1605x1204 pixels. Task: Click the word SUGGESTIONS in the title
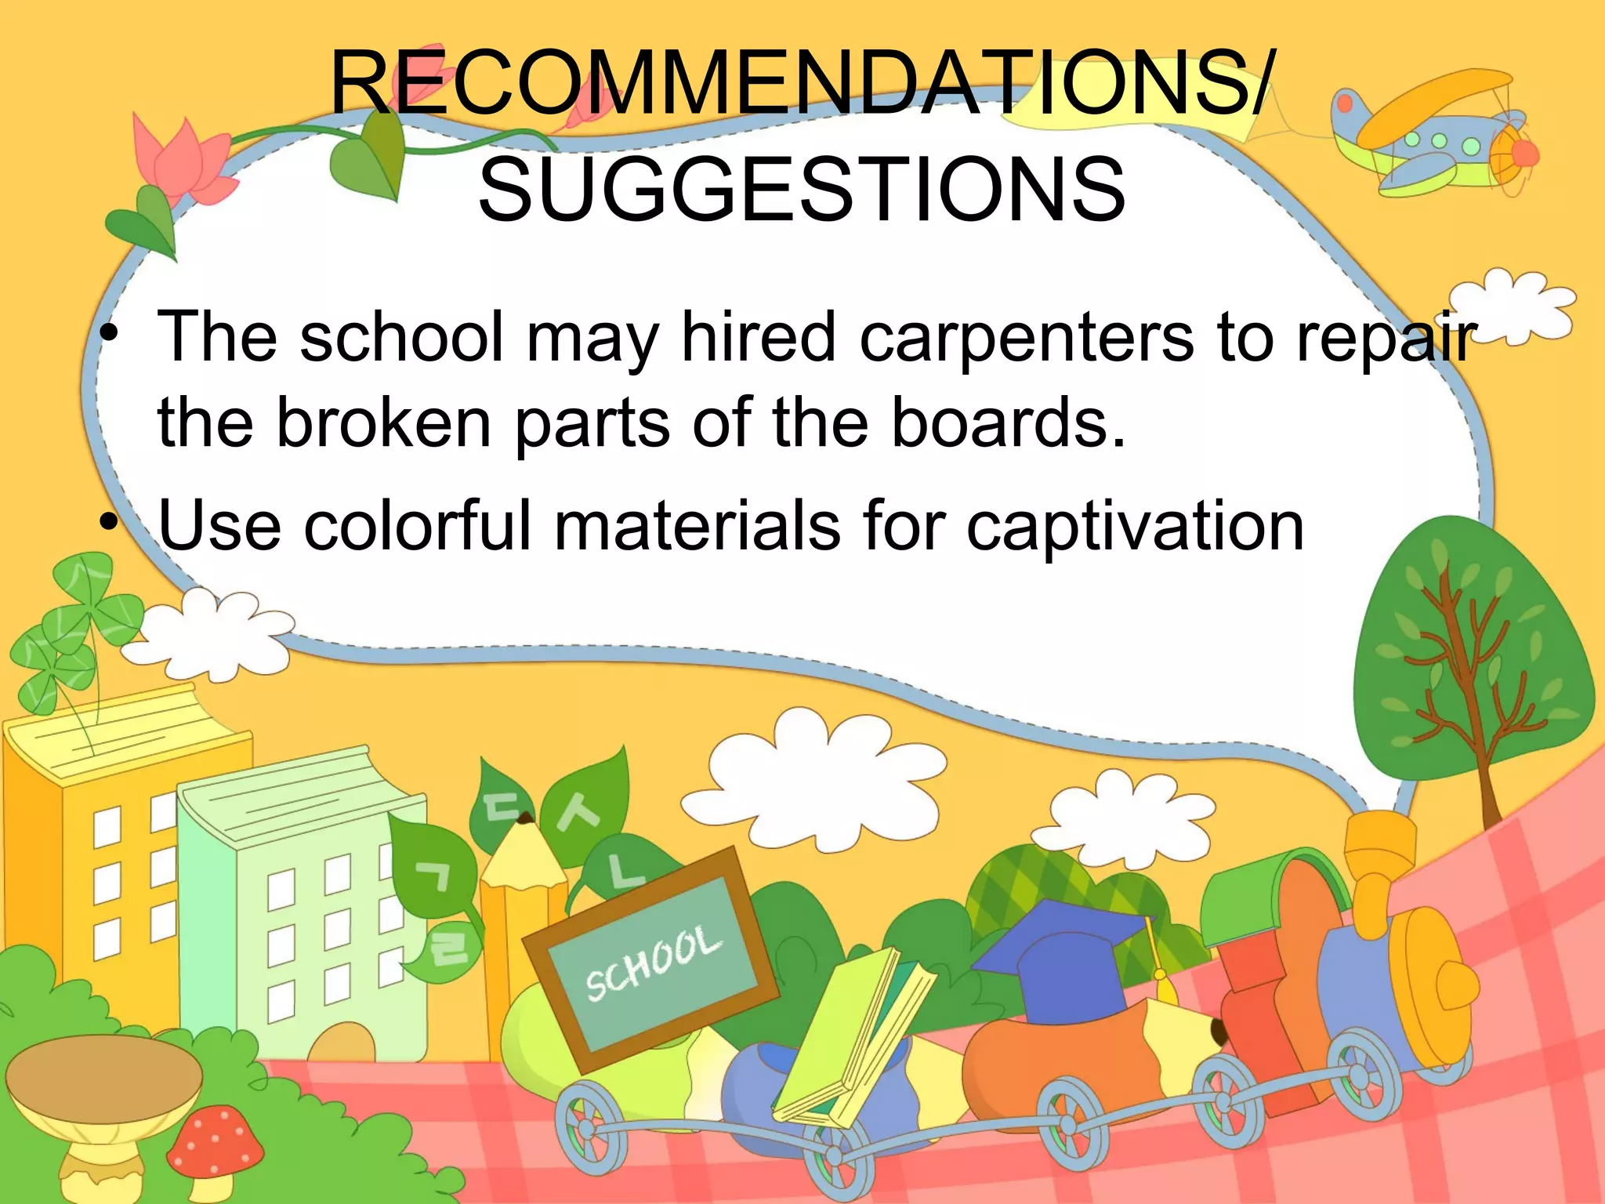(x=802, y=189)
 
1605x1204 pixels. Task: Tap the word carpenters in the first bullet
(x=1027, y=338)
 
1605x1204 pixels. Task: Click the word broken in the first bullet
(x=384, y=423)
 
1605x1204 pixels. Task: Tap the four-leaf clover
(x=74, y=627)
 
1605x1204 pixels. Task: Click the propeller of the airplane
(x=1520, y=153)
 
